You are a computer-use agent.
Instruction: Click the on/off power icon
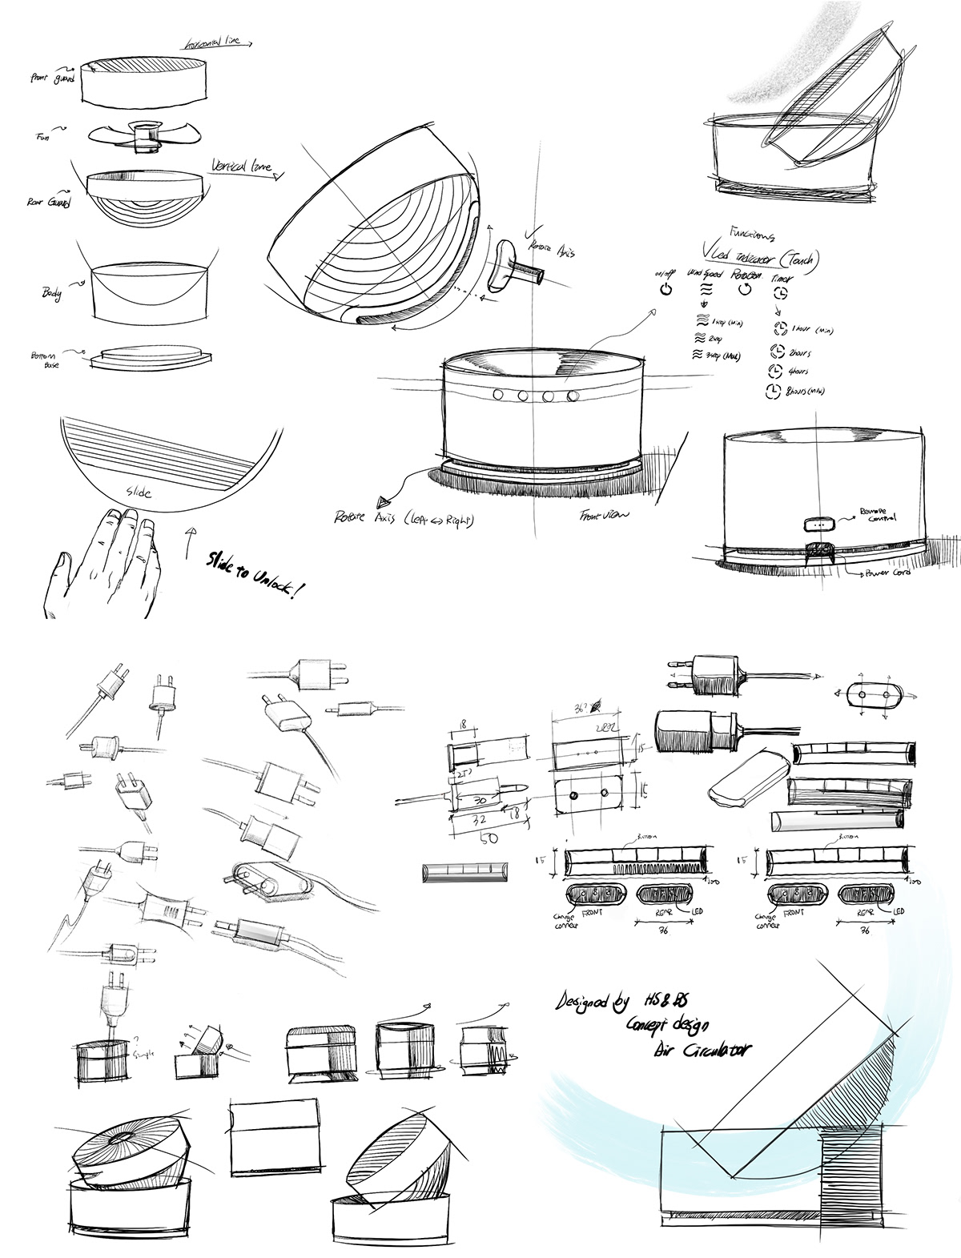tap(664, 288)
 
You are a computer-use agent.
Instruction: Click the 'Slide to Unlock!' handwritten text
tap(257, 573)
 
